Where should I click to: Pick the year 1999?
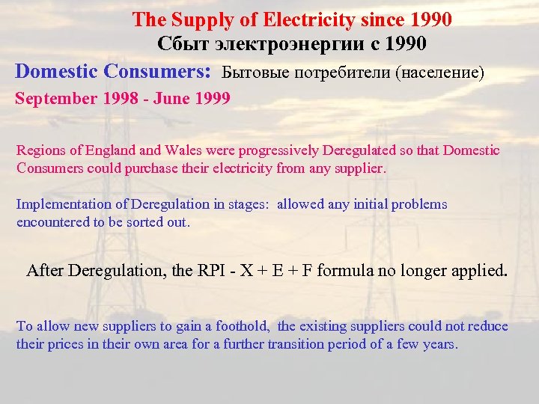tap(213, 98)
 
